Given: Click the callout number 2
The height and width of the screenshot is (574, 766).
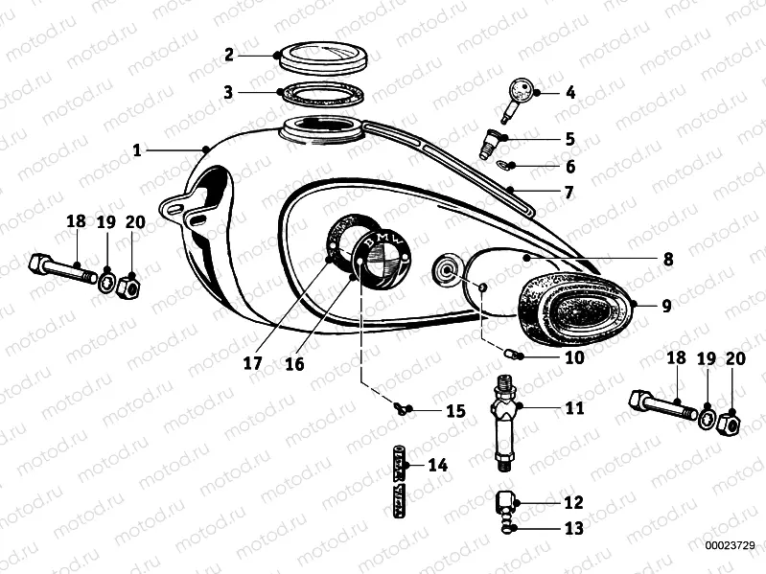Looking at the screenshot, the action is coord(229,55).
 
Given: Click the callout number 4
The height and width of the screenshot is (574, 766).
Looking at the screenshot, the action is coord(570,93).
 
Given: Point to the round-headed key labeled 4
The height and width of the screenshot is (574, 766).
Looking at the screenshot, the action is coord(521,92).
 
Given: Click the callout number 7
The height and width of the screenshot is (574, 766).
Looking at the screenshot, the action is coord(569,192).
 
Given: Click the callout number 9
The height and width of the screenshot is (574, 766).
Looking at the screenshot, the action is coord(666,308).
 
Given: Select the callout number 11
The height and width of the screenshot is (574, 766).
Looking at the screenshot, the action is coord(573,407).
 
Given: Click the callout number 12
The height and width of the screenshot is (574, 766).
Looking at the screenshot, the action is coord(573,501).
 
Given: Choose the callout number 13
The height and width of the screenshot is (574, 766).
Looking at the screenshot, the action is coord(573,528).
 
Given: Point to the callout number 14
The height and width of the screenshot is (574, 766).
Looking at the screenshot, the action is coord(438,466).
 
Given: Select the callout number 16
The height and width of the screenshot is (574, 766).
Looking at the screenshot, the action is coord(293,363).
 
